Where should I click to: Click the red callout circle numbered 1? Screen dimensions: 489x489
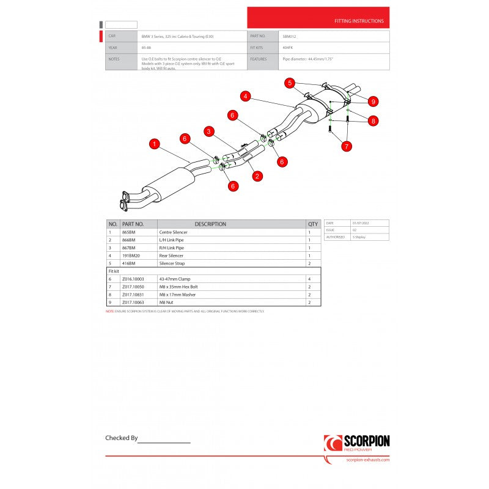[x=155, y=144]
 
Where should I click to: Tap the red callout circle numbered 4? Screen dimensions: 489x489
[x=245, y=96]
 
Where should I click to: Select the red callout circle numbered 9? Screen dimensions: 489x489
[x=373, y=101]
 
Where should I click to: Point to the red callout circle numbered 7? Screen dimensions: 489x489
[x=347, y=146]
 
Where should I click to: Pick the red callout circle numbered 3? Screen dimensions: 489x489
[x=209, y=131]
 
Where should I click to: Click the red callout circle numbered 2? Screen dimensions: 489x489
[x=257, y=176]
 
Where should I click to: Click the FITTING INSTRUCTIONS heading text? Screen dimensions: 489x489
[x=359, y=21]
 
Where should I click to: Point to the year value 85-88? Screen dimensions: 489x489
[x=147, y=48]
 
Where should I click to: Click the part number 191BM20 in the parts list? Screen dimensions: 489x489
[x=132, y=256]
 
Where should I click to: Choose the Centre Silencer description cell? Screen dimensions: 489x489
[x=174, y=232]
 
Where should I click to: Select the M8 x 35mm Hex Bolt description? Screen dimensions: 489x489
[x=178, y=286]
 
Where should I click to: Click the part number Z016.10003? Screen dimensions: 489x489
[x=133, y=278]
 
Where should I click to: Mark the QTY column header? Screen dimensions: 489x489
[x=314, y=224]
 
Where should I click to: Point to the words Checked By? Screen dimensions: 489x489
[x=122, y=438]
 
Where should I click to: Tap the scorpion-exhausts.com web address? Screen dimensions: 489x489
[x=367, y=460]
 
